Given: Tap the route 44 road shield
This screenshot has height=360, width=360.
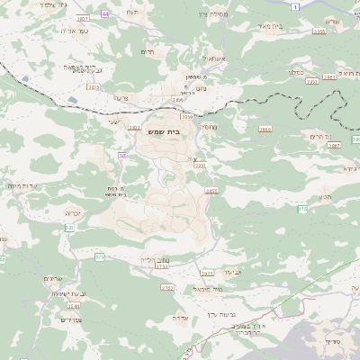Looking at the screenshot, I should coord(106,14).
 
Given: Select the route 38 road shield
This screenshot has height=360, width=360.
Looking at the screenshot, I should coord(122,156).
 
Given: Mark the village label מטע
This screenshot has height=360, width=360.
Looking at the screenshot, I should coord(325,196).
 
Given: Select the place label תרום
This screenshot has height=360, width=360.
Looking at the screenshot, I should coord(149,52).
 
